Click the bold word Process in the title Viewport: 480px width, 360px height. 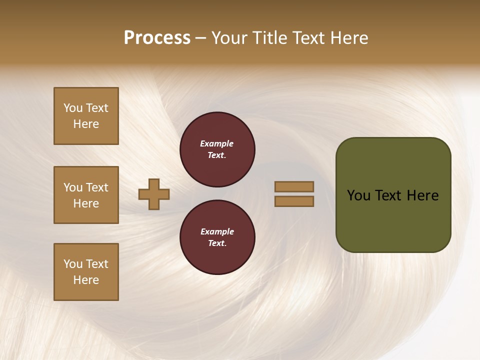coord(157,38)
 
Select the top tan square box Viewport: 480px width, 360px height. coord(86,116)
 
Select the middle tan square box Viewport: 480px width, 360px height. coord(86,195)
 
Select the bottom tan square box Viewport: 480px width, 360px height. coord(86,272)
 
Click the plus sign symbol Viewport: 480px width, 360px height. coord(154,194)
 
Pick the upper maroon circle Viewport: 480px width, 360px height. coord(217,149)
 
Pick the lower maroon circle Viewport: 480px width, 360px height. coord(217,237)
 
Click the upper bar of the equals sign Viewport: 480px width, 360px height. coord(294,186)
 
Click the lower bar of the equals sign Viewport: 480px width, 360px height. coord(294,201)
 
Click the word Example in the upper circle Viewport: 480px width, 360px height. coord(217,143)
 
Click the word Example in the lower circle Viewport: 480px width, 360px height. coord(217,231)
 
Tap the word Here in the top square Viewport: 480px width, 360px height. coord(86,124)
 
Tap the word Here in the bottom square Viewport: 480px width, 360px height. coord(86,280)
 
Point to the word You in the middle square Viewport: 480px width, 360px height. coord(72,187)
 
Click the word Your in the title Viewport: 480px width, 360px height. coord(230,38)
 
